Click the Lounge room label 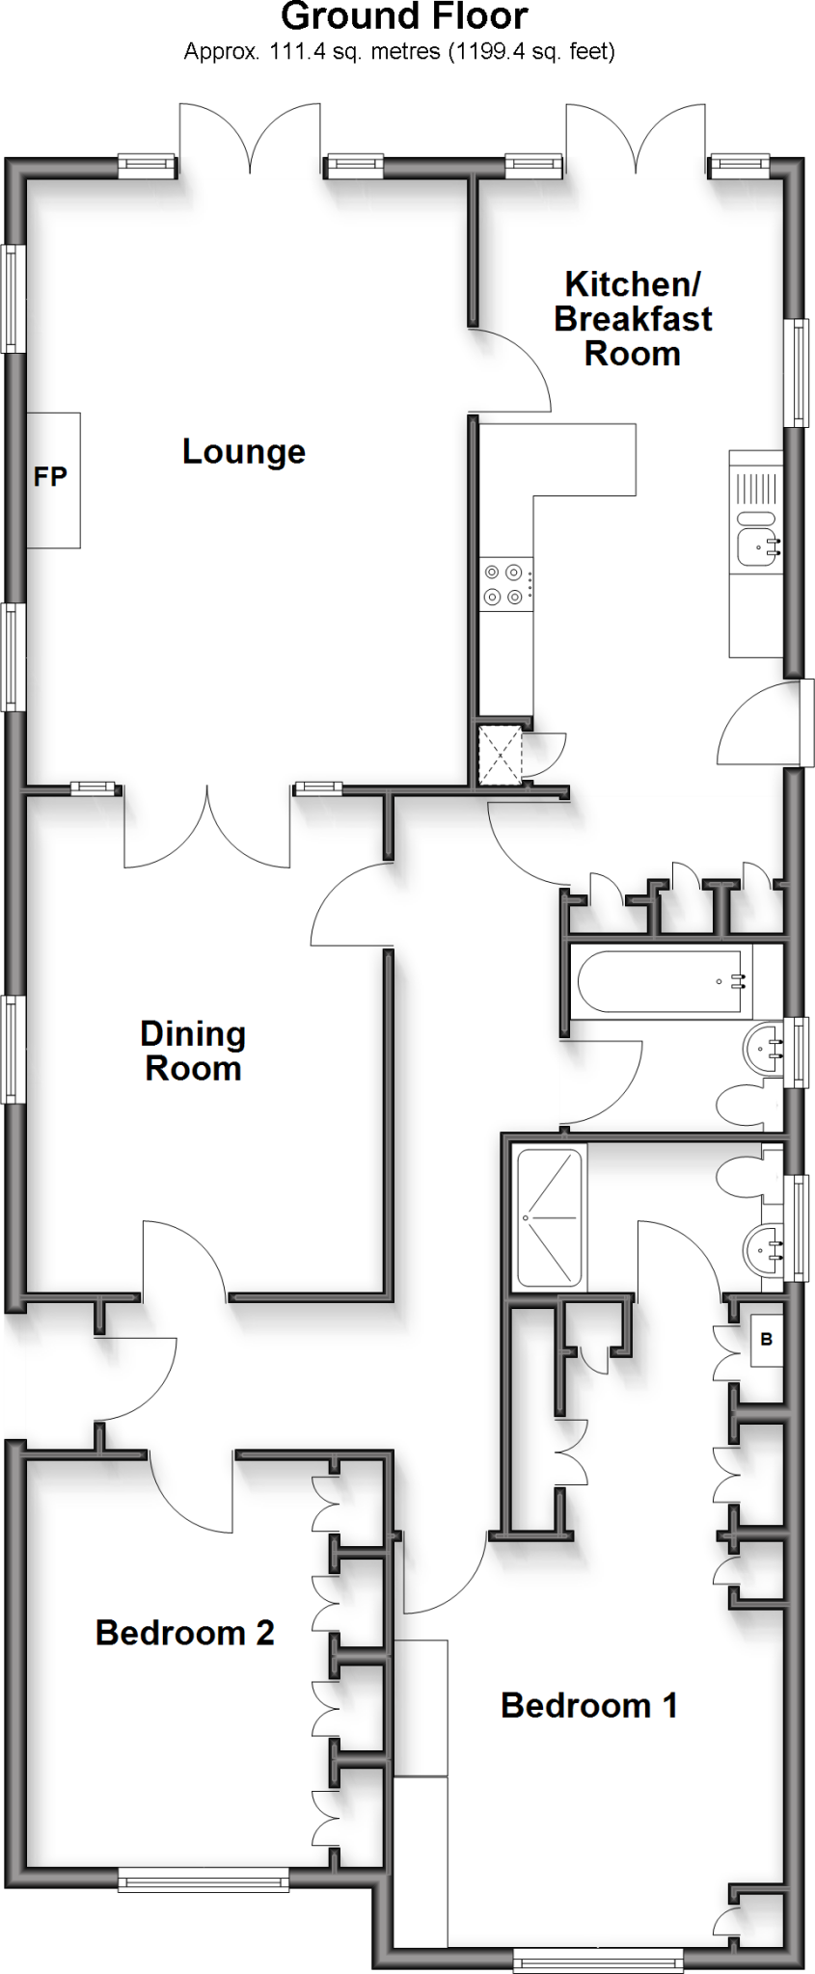click(243, 451)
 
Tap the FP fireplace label click(50, 476)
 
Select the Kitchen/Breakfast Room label click(633, 318)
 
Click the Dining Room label click(193, 1051)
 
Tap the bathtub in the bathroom click(661, 982)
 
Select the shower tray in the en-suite click(551, 1218)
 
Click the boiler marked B click(767, 1339)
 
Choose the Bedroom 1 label click(588, 1705)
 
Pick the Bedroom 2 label click(184, 1632)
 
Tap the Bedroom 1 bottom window click(598, 1959)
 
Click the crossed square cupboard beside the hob click(501, 755)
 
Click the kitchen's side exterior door click(762, 723)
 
